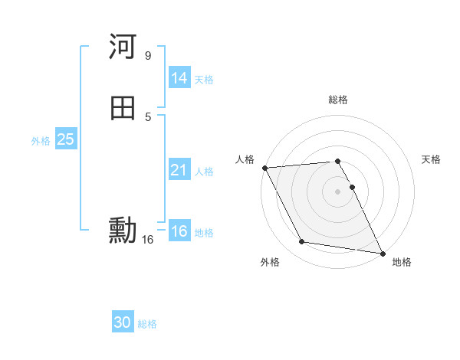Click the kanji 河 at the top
click(x=123, y=47)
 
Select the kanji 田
click(x=123, y=108)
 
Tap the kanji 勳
click(x=123, y=230)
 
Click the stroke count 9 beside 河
click(x=147, y=56)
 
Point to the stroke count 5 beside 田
click(x=147, y=116)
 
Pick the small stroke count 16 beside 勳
click(x=147, y=240)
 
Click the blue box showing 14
click(x=179, y=78)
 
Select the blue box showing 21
click(x=179, y=170)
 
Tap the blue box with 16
click(x=179, y=231)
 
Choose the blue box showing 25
click(x=65, y=139)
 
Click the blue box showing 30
click(x=123, y=322)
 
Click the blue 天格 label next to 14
click(x=204, y=80)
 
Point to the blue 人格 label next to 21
click(x=204, y=172)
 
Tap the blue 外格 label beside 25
click(x=41, y=141)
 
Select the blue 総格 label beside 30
click(x=147, y=324)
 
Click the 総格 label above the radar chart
click(x=338, y=100)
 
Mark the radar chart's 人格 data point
click(x=264, y=168)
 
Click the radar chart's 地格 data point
click(x=382, y=253)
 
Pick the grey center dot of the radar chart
click(x=338, y=191)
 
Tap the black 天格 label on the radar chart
click(x=431, y=159)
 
